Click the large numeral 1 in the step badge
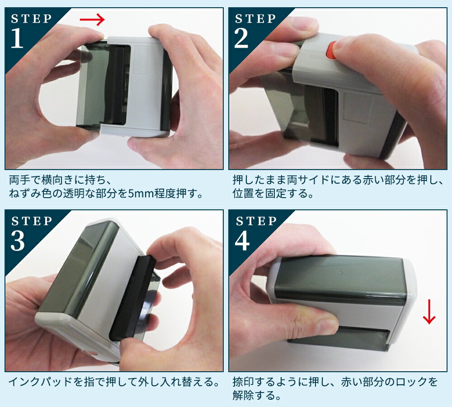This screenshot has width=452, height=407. click(x=17, y=38)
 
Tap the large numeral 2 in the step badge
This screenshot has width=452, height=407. click(x=241, y=38)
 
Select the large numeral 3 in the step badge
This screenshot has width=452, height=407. click(x=18, y=241)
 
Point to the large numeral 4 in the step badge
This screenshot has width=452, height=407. click(x=242, y=241)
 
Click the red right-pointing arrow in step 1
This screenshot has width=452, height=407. click(x=92, y=19)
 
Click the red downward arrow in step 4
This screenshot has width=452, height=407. click(x=429, y=312)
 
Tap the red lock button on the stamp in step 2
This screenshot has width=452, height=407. click(x=330, y=51)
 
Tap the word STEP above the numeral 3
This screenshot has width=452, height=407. click(x=32, y=221)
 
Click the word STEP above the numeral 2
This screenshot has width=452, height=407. click(x=256, y=19)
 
